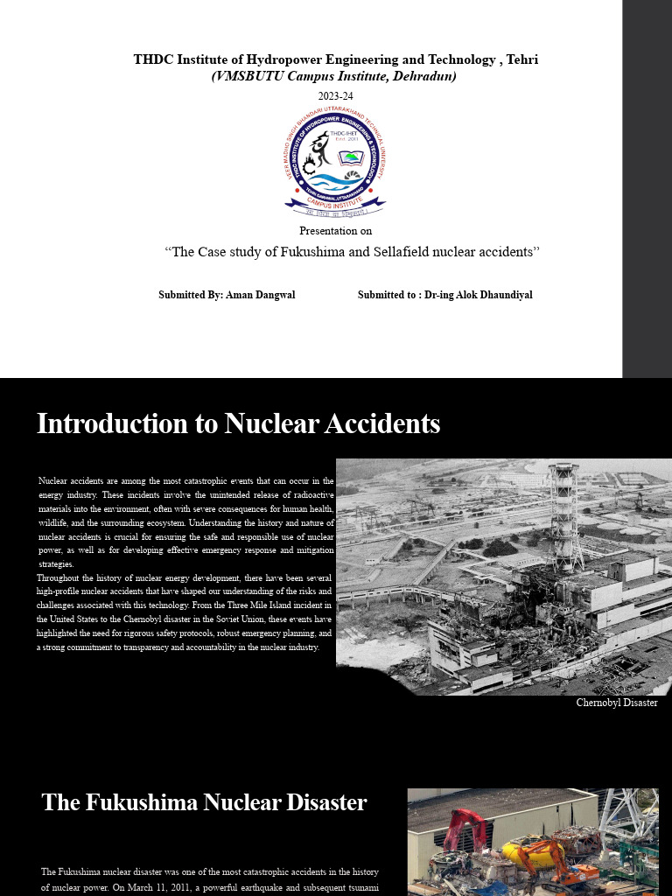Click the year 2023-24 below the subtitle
(335, 96)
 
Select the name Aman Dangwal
(261, 295)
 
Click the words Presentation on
(335, 231)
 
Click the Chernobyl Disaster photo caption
(616, 703)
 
